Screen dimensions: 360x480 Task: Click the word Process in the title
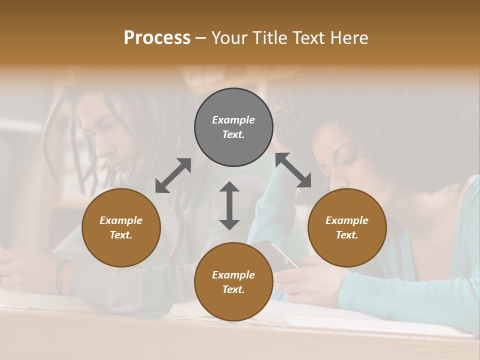(x=157, y=38)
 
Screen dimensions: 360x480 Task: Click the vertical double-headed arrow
(x=229, y=205)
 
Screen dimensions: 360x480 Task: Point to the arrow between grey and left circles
(x=173, y=175)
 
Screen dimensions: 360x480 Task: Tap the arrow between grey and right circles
(x=293, y=170)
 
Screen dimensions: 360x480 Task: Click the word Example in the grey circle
(x=233, y=120)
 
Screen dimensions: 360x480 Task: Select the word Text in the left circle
(x=120, y=235)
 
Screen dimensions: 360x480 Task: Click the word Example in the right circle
(x=347, y=220)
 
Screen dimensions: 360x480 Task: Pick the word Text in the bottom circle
(x=233, y=289)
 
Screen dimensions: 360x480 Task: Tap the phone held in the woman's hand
(x=283, y=255)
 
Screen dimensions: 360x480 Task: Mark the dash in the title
(x=201, y=38)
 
